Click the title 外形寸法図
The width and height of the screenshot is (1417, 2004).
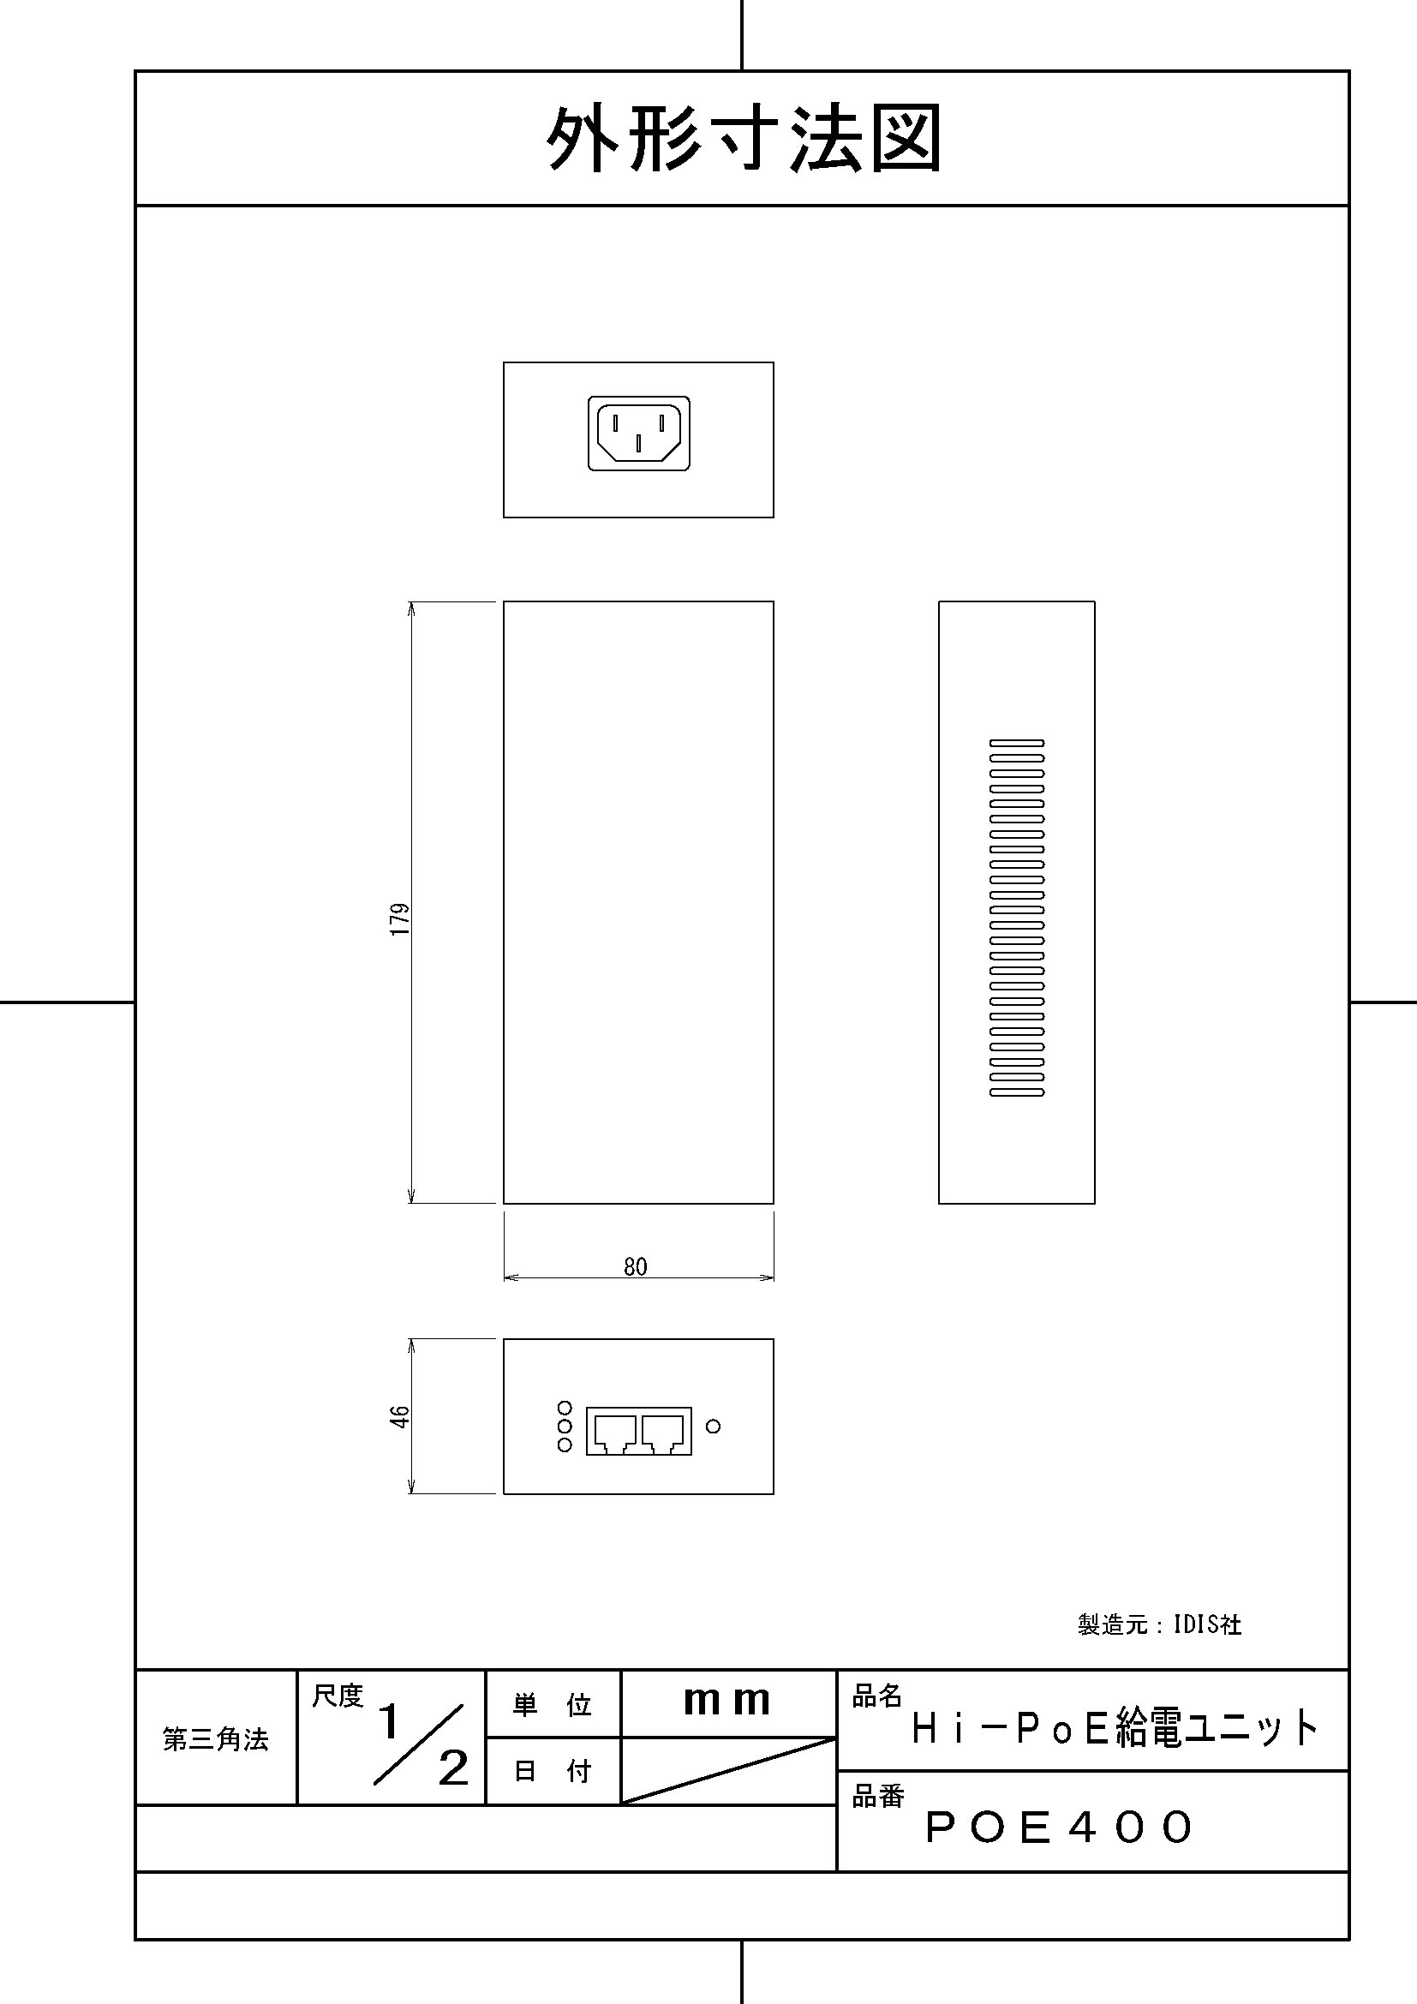pos(744,140)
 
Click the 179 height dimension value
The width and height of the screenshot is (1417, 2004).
pos(399,919)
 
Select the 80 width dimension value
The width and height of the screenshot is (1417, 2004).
pos(635,1265)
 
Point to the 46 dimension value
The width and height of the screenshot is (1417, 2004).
pos(398,1415)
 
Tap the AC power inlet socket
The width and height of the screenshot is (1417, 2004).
pos(639,434)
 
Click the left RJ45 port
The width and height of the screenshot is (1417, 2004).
pos(614,1432)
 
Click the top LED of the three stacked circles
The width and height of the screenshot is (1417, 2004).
pos(565,1408)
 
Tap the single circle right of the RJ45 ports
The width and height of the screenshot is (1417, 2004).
pos(713,1427)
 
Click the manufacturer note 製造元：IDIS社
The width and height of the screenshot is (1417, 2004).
pos(1159,1624)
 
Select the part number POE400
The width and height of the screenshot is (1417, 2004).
pos(1059,1827)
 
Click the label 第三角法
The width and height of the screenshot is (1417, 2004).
pos(216,1739)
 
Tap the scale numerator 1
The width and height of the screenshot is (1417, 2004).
pos(389,1722)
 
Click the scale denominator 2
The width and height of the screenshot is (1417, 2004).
pos(453,1769)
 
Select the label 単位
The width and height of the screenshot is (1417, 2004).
pos(553,1705)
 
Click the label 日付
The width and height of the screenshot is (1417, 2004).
pos(553,1771)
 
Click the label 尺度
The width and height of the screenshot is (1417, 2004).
pos(338,1696)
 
